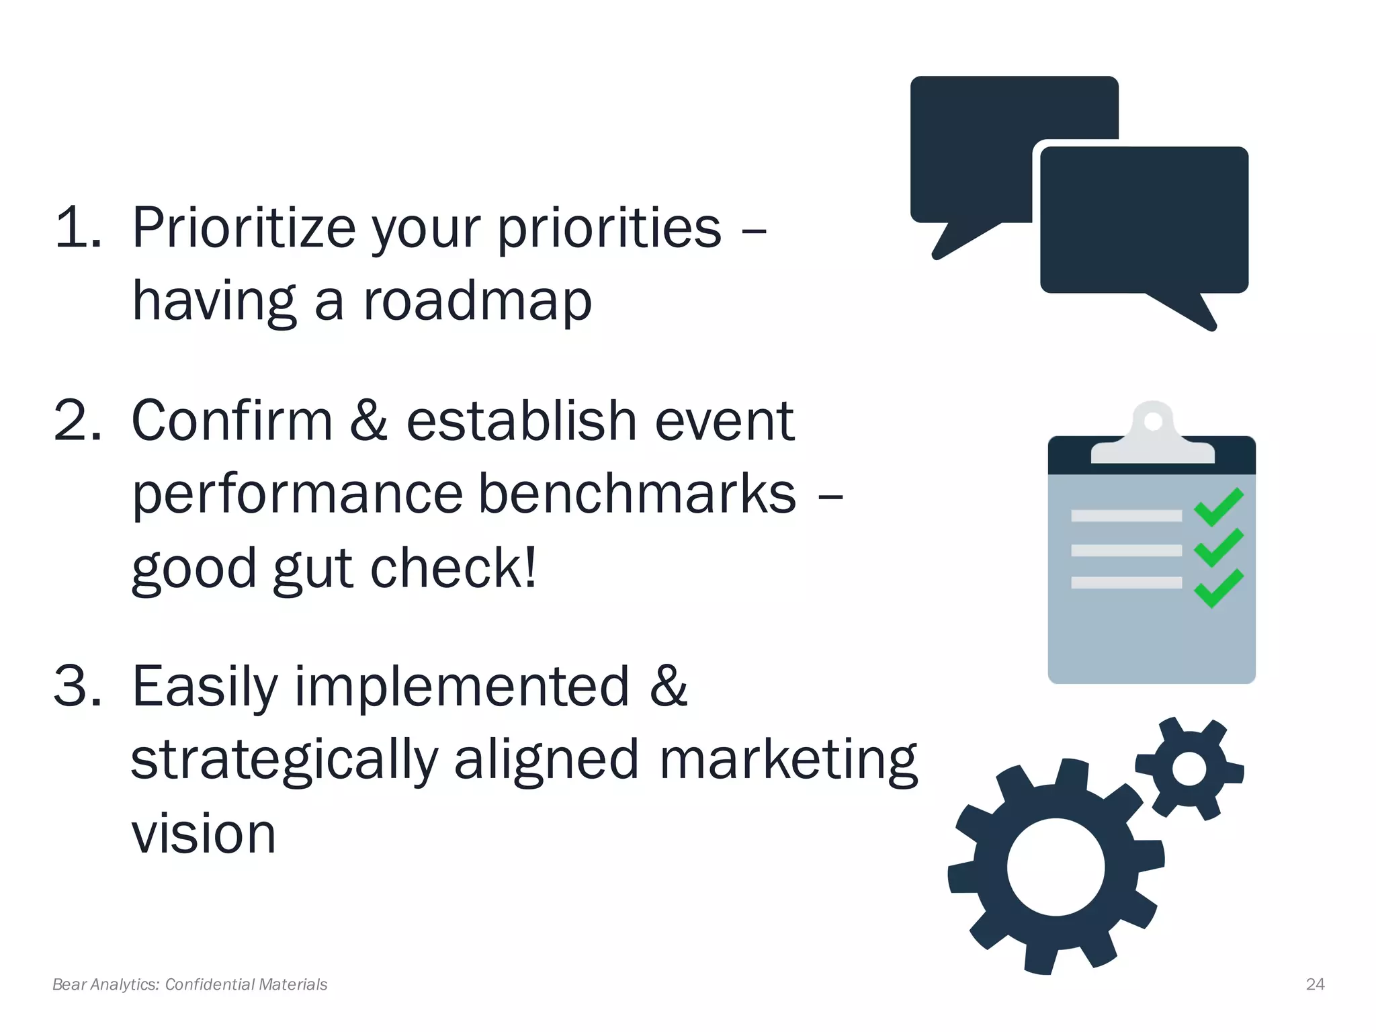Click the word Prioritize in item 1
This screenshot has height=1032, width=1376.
pos(243,229)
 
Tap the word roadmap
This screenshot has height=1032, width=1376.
pos(478,301)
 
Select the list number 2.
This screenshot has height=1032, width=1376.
pos(77,421)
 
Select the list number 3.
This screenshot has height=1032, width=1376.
pos(77,687)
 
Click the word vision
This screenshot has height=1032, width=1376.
pos(204,834)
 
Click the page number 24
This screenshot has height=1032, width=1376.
pos(1315,984)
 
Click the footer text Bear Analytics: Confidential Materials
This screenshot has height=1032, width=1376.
pos(189,984)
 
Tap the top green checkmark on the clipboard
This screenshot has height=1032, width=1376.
pos(1218,508)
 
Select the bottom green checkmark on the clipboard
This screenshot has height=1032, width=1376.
pos(1218,589)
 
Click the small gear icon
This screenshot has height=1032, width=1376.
pos(1189,769)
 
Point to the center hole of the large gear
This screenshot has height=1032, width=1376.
pos(1056,867)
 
